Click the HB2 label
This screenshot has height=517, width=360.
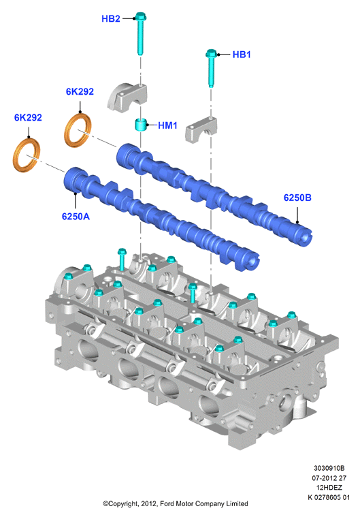click(111, 19)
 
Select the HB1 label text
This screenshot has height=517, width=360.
click(242, 54)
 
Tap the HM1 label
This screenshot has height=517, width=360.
click(167, 125)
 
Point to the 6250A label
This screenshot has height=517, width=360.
click(76, 217)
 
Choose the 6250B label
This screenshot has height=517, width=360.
click(297, 198)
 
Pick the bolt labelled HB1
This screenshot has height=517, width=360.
click(211, 68)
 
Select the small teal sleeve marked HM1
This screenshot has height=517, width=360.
click(141, 124)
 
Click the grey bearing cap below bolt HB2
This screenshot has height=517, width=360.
click(127, 97)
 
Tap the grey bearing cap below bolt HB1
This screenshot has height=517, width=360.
click(201, 130)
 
